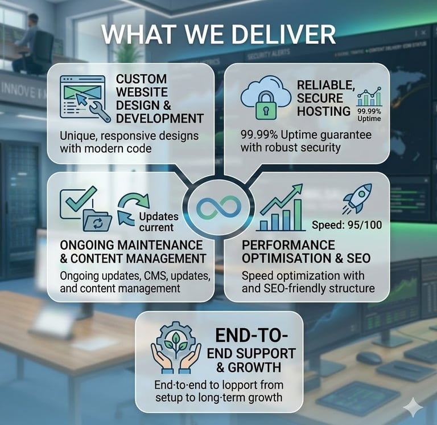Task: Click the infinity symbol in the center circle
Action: coord(218,208)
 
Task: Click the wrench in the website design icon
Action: coord(99,111)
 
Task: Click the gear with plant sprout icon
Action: coord(175,340)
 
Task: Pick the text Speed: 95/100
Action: coord(347,224)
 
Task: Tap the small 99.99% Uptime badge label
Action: coord(369,114)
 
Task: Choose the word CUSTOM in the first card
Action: coord(141,79)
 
